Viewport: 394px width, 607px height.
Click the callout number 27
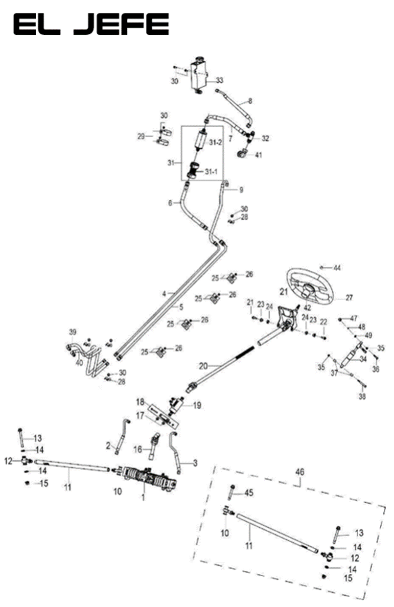point(349,297)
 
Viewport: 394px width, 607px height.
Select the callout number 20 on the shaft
point(204,365)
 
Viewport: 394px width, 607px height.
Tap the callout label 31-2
point(216,142)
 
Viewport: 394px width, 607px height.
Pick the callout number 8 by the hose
point(250,102)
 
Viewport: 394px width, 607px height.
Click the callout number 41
point(258,155)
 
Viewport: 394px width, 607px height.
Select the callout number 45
point(249,493)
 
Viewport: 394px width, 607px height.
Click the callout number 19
point(197,405)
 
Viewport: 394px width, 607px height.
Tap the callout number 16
point(138,449)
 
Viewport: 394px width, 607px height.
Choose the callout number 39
point(72,332)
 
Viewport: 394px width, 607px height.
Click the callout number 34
point(363,359)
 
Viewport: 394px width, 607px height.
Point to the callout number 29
point(141,137)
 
